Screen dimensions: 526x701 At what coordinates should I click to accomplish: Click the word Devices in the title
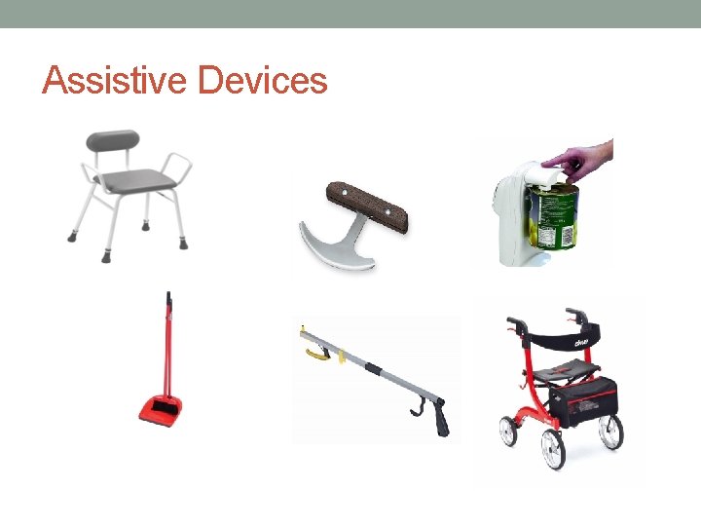(262, 80)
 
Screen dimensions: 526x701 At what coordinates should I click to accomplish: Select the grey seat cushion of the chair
(128, 179)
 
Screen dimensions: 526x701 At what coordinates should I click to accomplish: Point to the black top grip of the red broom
(168, 296)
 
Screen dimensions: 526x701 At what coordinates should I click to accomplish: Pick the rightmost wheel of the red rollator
(610, 432)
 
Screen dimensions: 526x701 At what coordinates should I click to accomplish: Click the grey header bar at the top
(350, 14)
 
